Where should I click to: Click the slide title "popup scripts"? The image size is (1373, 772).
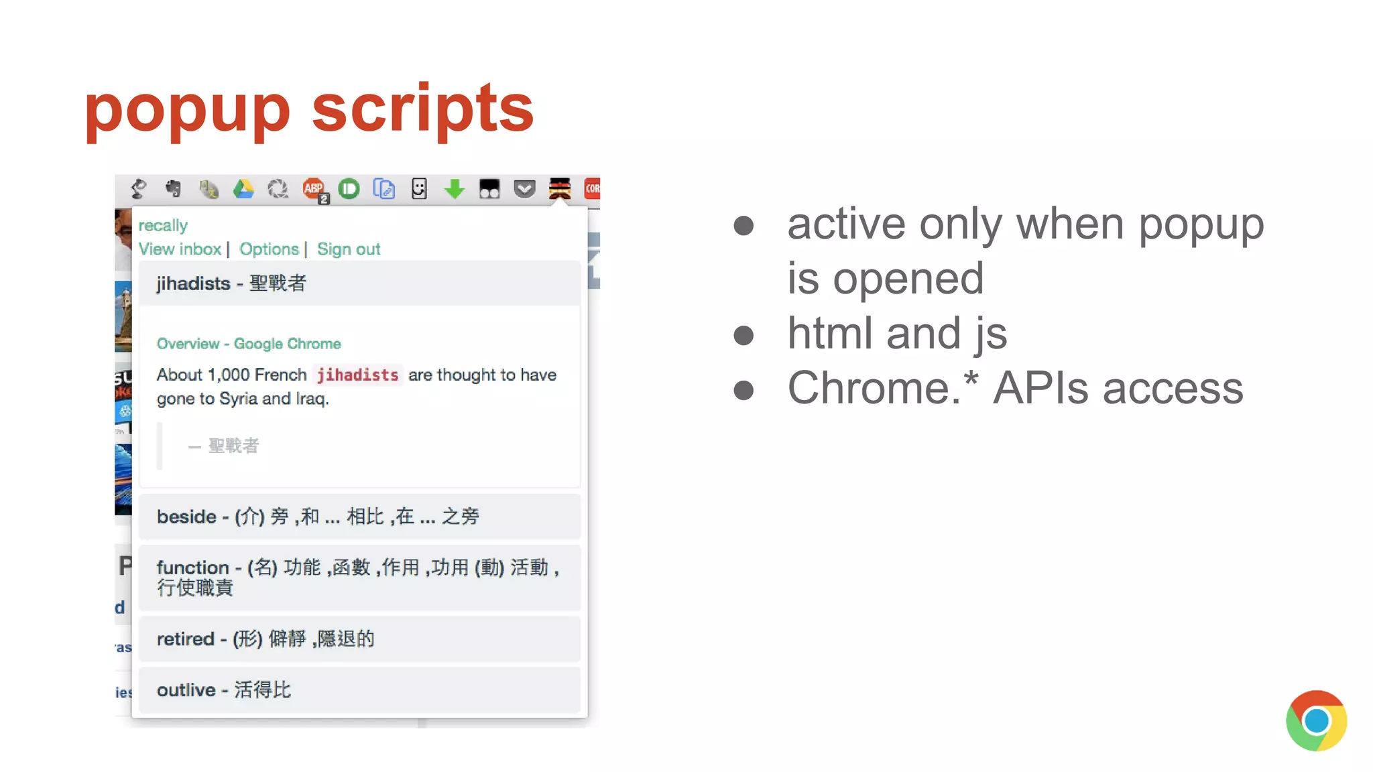(309, 108)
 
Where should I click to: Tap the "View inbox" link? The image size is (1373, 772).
(180, 249)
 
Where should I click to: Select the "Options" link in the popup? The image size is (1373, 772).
(269, 249)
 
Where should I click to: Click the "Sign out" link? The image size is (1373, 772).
(349, 249)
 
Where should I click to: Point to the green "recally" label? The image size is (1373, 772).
(163, 225)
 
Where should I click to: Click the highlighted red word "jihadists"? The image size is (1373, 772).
(357, 375)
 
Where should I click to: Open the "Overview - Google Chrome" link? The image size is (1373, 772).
(249, 344)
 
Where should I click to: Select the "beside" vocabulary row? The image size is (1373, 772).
(359, 517)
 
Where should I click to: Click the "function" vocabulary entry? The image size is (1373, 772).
(359, 577)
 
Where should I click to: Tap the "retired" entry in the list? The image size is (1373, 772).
(359, 639)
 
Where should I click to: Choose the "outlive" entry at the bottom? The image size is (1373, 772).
(359, 690)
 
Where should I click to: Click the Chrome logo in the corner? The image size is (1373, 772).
(1316, 720)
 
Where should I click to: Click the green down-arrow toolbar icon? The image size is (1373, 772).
(455, 189)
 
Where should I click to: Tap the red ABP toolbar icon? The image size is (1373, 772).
(314, 189)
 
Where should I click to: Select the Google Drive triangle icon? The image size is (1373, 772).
(243, 189)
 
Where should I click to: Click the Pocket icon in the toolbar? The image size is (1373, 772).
(524, 189)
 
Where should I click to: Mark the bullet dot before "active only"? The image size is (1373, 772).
(743, 225)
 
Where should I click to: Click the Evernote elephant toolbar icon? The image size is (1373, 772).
(174, 189)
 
